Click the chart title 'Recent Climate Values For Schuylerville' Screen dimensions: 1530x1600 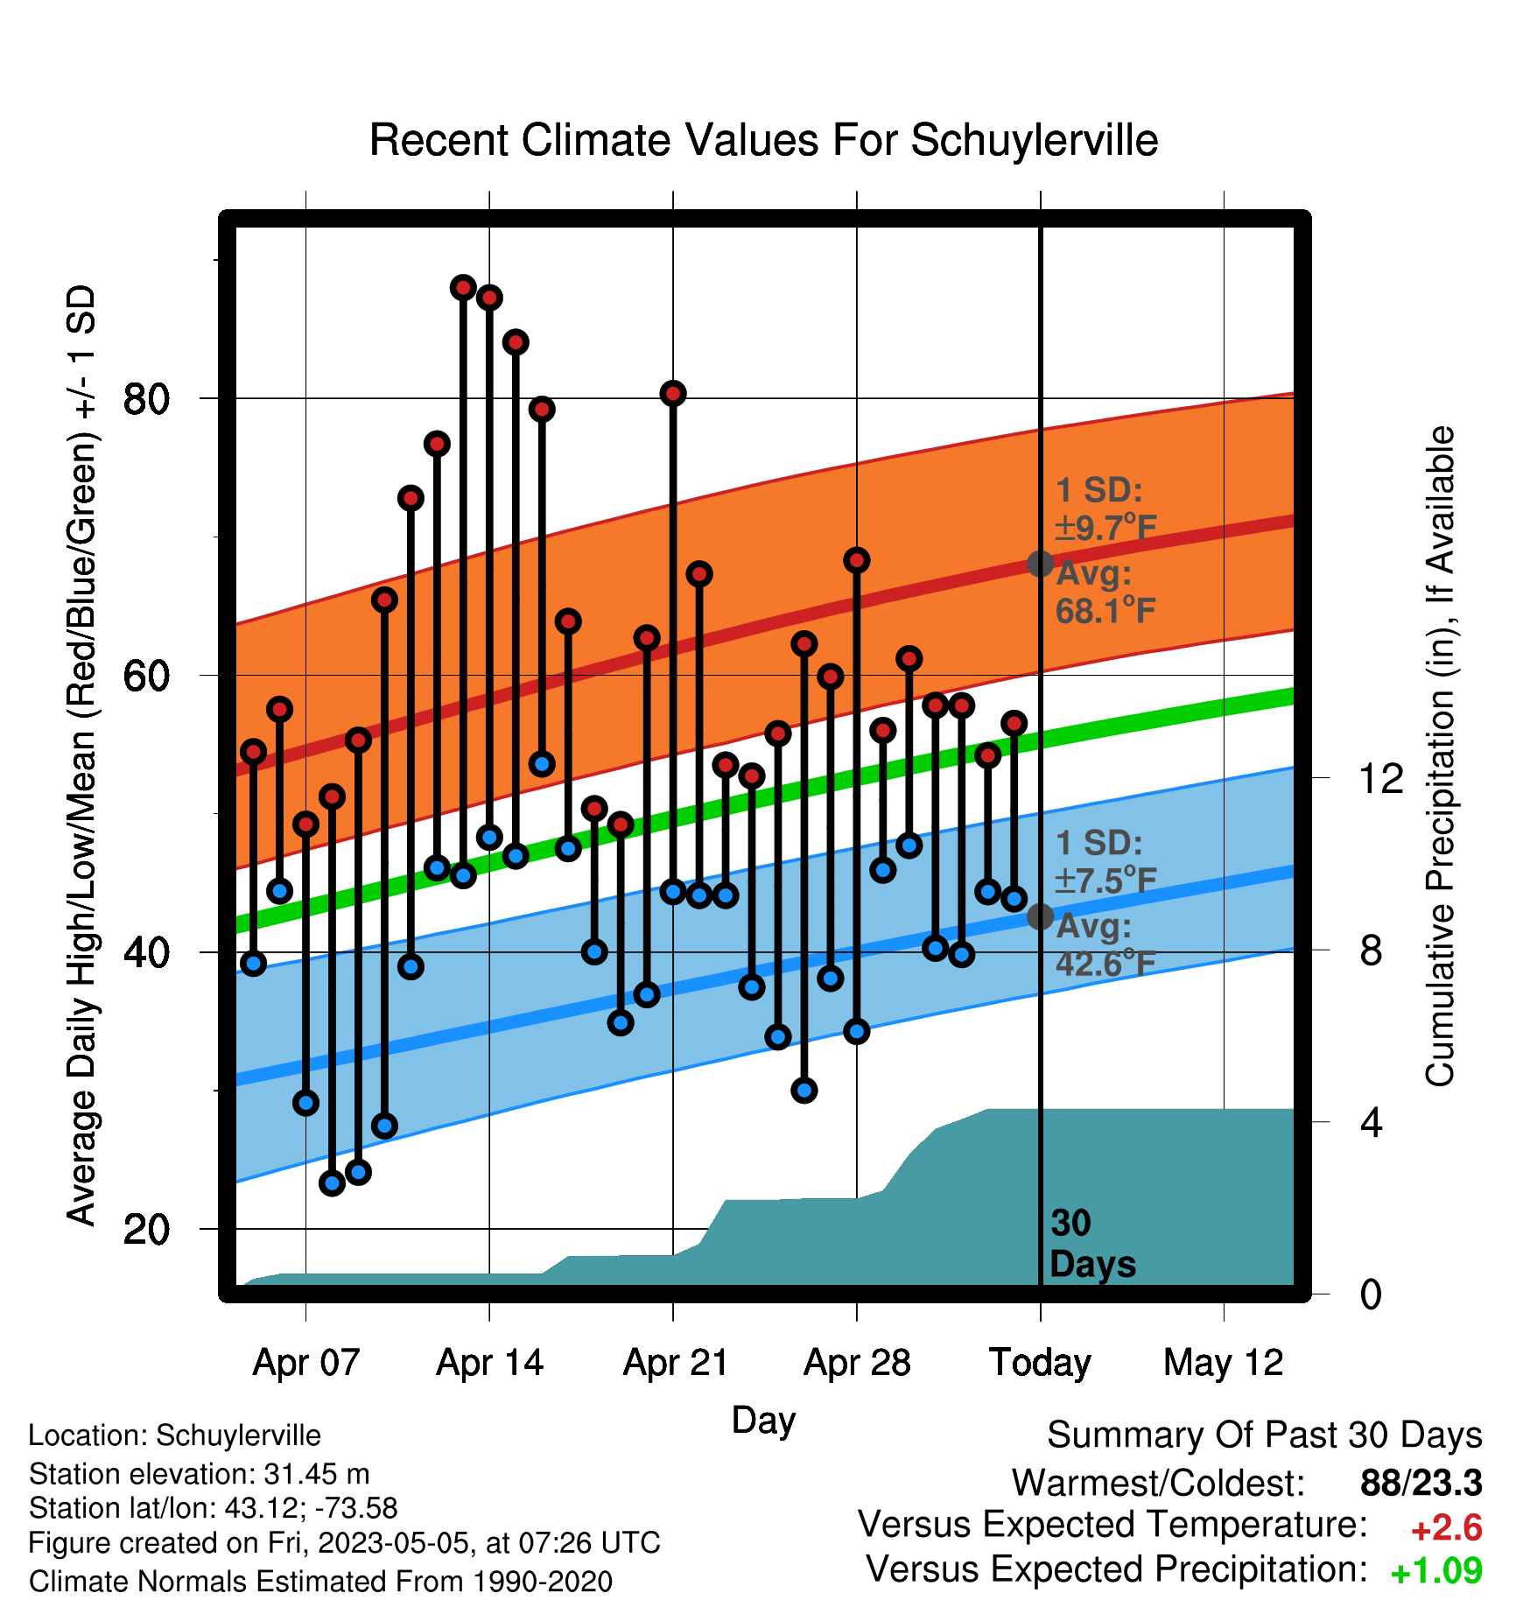coord(763,140)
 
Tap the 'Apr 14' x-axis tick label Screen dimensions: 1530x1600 coord(489,1363)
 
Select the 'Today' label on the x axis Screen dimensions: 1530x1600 coord(1040,1363)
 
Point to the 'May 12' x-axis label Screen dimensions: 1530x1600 coord(1223,1363)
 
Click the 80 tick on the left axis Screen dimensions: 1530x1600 coord(146,399)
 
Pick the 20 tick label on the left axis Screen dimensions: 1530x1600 coord(146,1229)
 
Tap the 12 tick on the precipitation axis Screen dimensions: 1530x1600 coord(1380,777)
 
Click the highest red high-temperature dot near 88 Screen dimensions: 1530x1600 coord(463,287)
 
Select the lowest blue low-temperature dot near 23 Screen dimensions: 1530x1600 coord(332,1183)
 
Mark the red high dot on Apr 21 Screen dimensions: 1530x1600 coord(673,393)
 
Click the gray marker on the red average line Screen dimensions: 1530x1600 coord(1040,564)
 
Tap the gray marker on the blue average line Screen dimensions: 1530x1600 coord(1040,916)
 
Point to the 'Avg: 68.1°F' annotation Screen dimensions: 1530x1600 coord(1105,593)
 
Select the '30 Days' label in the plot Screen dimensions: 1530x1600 coord(1092,1244)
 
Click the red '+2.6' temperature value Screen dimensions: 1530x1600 coord(1447,1528)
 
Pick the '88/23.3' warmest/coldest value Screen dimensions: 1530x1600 coord(1421,1483)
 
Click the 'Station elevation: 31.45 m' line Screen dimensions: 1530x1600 coord(199,1474)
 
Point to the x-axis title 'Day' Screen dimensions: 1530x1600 coord(763,1420)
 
